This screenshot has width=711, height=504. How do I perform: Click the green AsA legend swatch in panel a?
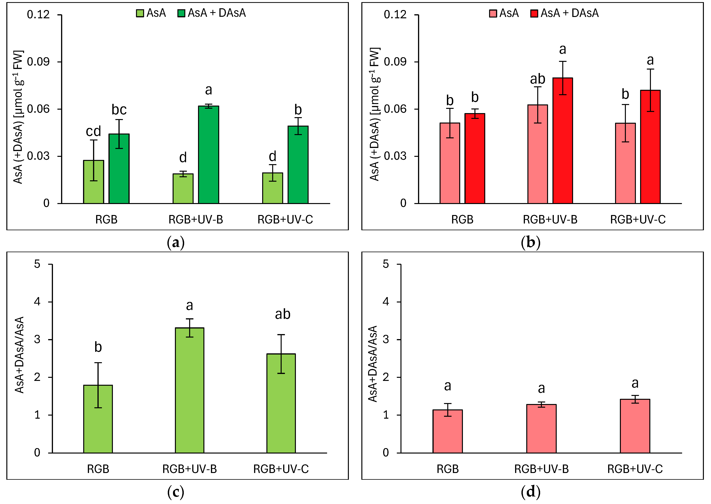pyautogui.click(x=140, y=13)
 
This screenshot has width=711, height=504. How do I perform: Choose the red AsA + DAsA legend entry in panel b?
pyautogui.click(x=565, y=13)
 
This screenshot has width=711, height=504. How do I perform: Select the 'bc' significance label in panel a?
pyautogui.click(x=119, y=110)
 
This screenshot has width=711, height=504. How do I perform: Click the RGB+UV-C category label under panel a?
pyautogui.click(x=285, y=219)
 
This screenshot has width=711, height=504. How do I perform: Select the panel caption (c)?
pyautogui.click(x=175, y=492)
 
